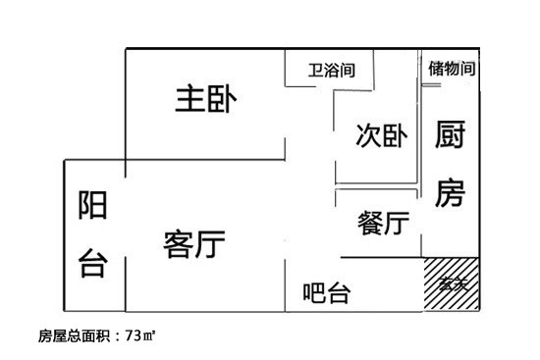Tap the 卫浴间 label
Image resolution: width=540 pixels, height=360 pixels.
click(x=331, y=71)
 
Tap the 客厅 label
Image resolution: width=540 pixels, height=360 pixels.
click(x=195, y=242)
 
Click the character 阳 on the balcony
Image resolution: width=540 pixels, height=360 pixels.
click(x=93, y=208)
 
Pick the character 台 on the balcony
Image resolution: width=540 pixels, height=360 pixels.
click(x=93, y=262)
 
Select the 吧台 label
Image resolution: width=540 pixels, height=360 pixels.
click(x=328, y=292)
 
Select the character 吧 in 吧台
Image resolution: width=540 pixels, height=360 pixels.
click(x=314, y=292)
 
